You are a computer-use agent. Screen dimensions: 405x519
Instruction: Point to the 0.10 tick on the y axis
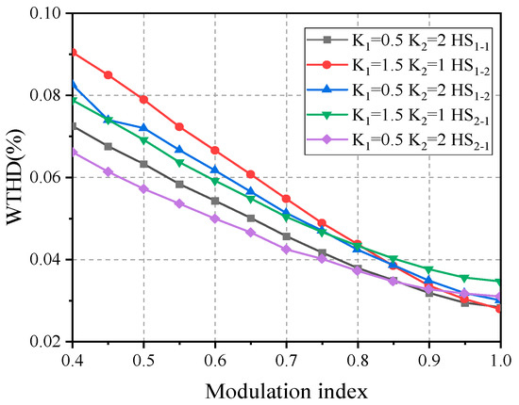pos(45,14)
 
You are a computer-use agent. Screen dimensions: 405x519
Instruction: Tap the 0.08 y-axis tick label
pos(45,95)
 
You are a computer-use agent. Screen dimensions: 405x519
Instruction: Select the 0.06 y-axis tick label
pos(45,177)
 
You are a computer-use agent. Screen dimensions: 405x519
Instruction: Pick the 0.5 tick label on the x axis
pos(143,361)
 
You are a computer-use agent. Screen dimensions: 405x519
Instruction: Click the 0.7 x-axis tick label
pos(287,361)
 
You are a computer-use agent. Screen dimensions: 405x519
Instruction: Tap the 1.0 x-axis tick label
pos(500,361)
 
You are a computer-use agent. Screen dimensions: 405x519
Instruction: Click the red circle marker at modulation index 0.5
pos(143,99)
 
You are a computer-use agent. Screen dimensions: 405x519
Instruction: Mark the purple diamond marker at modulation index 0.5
pos(143,188)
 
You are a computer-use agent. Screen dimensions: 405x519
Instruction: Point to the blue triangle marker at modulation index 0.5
pos(143,127)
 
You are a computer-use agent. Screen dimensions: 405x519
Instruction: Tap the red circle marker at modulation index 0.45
pos(108,74)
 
